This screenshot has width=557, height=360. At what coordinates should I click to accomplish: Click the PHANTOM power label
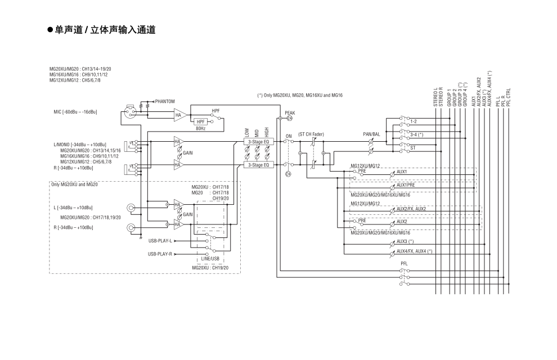(x=165, y=101)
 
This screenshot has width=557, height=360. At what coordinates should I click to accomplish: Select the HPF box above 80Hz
(x=201, y=121)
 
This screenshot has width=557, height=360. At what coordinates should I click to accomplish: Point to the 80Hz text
(x=200, y=128)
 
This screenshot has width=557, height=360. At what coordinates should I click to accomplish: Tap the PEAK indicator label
(x=290, y=112)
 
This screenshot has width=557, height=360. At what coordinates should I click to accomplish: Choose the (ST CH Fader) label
(x=311, y=134)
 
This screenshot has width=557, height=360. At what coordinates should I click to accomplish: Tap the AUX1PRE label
(x=406, y=184)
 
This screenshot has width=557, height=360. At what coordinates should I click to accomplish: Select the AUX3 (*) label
(x=405, y=241)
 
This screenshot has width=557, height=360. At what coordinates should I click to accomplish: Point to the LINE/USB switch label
(x=209, y=258)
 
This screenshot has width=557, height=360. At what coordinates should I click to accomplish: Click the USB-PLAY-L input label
(x=160, y=240)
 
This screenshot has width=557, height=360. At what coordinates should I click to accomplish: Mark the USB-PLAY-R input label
(x=160, y=254)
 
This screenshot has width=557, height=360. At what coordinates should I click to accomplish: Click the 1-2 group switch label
(x=414, y=121)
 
